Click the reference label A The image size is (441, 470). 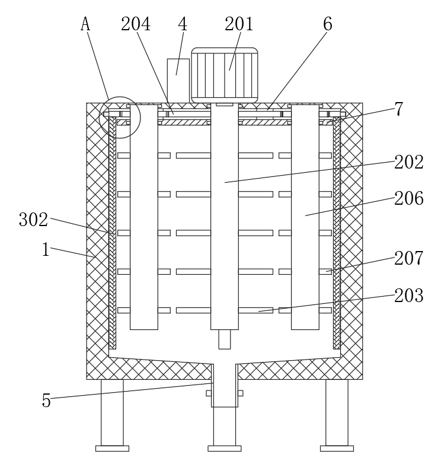(85, 24)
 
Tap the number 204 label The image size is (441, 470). (136, 24)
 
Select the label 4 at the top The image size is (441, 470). (183, 24)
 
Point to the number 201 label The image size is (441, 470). (239, 24)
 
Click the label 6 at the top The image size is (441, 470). (327, 24)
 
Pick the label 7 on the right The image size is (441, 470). (399, 109)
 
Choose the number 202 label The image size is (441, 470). (409, 162)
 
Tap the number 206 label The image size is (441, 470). (409, 199)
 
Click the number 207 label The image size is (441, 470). (409, 258)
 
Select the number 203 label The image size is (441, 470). (409, 295)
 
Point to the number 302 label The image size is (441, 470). (33, 220)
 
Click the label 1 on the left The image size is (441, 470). (46, 249)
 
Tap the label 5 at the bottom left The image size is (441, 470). (46, 401)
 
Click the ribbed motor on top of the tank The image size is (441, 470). (224, 74)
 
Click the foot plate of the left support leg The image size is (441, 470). (112, 449)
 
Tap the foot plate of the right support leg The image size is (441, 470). (337, 449)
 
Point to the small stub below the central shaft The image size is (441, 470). (224, 339)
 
